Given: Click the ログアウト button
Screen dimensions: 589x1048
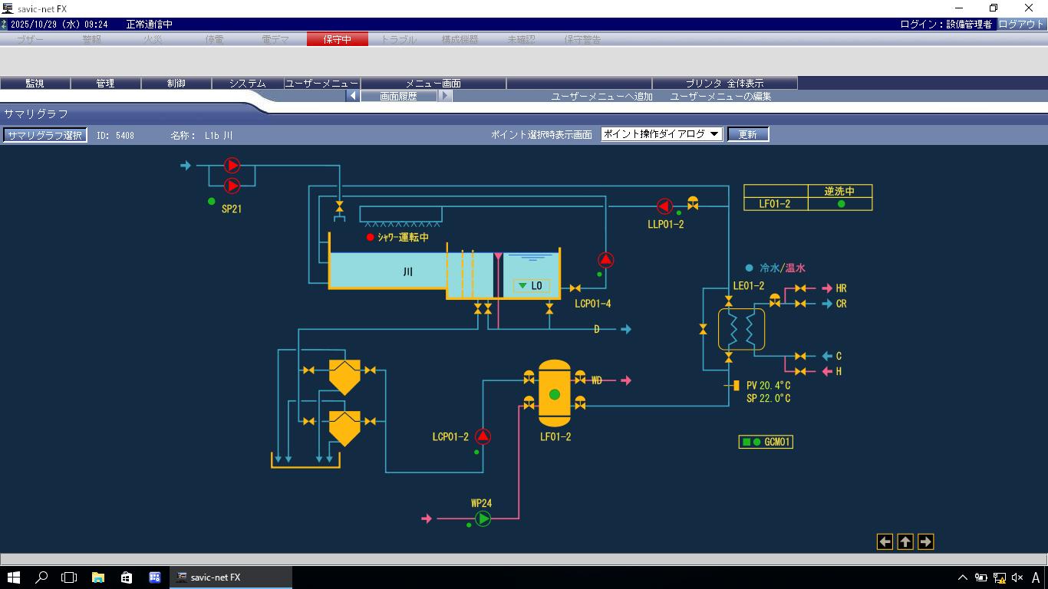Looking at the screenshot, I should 1021,25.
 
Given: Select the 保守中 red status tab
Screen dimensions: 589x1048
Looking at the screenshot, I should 337,39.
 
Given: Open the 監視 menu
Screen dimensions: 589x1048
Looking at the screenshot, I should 35,83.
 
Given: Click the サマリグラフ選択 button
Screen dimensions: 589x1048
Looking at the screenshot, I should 44,135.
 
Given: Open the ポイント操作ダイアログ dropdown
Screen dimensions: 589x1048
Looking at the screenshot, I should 661,134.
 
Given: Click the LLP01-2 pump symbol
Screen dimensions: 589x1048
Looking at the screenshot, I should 664,206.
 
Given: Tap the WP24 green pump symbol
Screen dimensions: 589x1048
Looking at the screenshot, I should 483,519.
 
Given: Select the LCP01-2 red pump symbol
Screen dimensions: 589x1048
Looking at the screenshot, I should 483,436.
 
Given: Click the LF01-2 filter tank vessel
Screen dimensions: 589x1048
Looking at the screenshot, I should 555,394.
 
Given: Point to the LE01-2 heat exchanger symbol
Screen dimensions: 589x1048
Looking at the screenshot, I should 741,330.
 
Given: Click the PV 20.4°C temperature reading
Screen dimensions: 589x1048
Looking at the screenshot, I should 768,386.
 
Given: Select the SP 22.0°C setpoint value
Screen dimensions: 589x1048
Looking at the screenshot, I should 768,399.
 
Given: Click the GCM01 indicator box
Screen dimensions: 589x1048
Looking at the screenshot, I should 765,442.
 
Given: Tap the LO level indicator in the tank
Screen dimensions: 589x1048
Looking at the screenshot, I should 531,286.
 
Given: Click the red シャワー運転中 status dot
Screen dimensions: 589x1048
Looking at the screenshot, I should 371,238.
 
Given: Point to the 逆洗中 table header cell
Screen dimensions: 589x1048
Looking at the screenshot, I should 839,191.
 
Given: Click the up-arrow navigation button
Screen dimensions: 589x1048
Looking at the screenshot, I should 905,542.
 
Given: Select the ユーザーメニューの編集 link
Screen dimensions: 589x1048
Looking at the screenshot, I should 720,97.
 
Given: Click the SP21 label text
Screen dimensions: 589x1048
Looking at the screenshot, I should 232,209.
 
